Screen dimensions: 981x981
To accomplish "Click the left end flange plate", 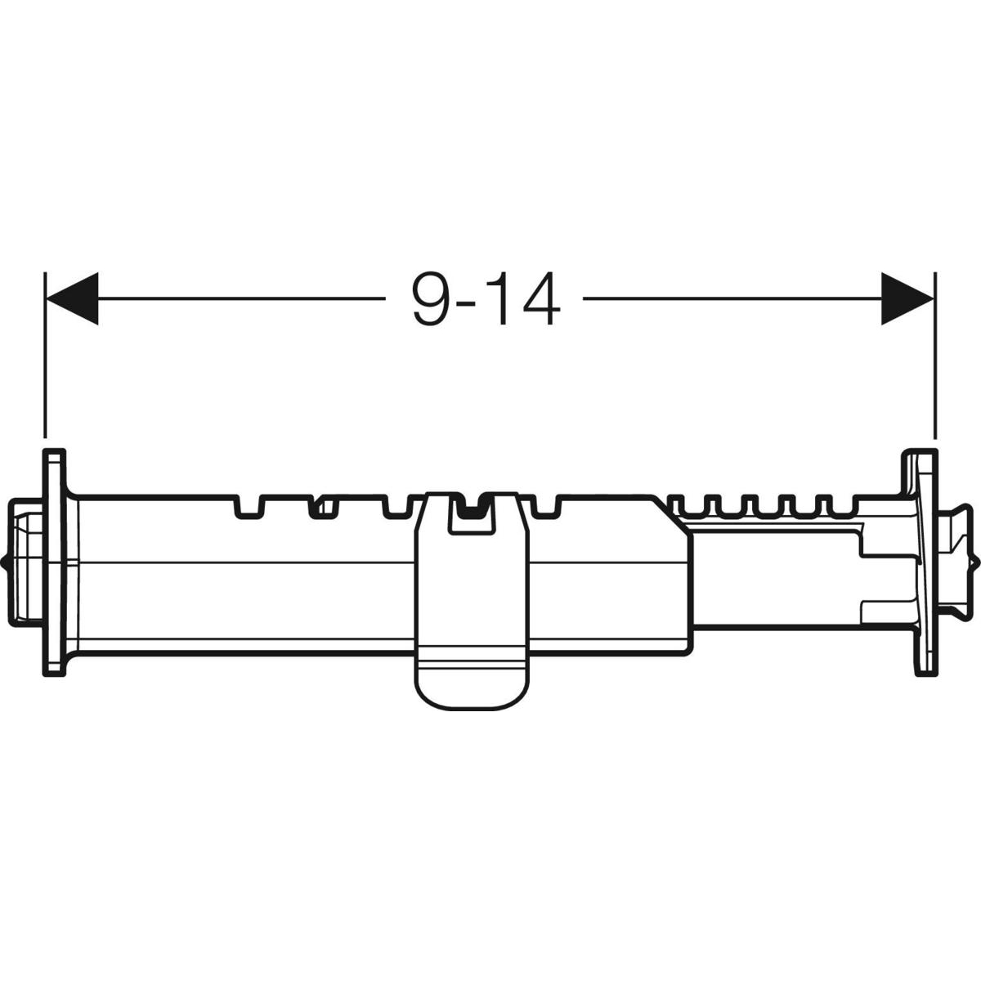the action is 54,562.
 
